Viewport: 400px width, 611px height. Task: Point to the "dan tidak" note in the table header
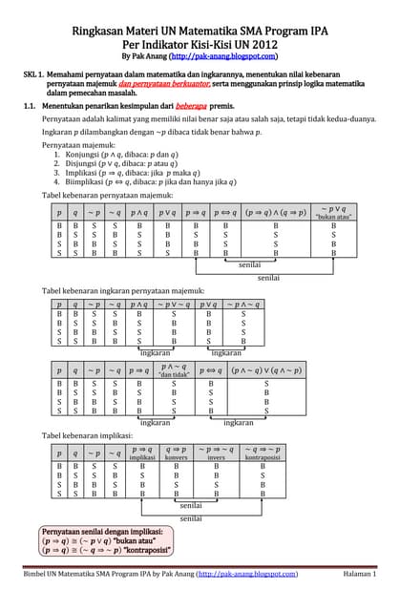tap(173, 374)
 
